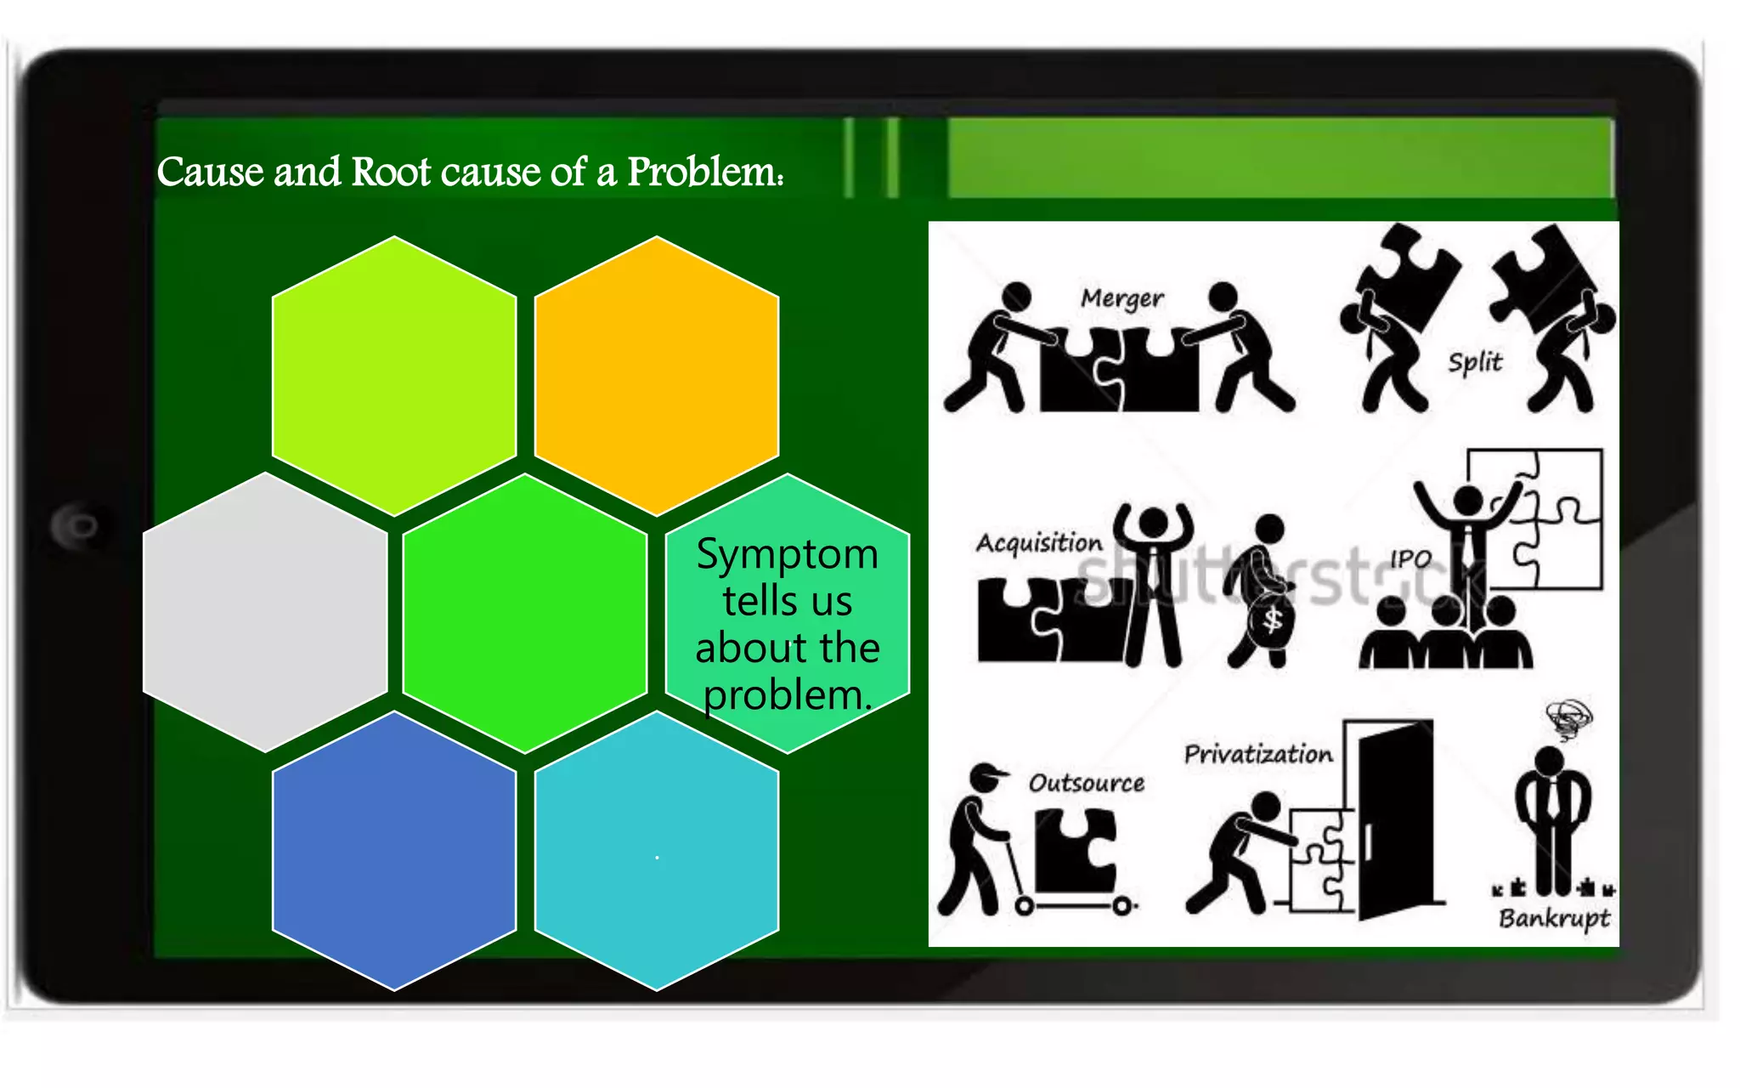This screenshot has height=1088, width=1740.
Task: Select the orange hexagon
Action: tap(656, 376)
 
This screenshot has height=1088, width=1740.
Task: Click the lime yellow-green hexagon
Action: tap(394, 376)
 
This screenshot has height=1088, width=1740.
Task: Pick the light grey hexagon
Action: tap(265, 612)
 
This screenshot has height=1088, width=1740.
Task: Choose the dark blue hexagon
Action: tap(394, 850)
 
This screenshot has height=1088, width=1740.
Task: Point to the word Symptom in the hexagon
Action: tap(787, 555)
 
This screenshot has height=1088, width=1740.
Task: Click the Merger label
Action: tap(1121, 298)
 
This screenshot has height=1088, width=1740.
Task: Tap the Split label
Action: tap(1475, 362)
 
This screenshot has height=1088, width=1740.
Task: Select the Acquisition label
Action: tap(1038, 542)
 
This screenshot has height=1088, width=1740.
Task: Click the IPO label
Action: tap(1410, 558)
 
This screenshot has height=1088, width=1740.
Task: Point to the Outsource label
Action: tap(1086, 783)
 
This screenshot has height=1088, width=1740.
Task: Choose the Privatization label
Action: tap(1258, 754)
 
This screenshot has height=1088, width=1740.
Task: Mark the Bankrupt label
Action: tap(1554, 918)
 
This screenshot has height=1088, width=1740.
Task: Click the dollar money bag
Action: tap(1271, 620)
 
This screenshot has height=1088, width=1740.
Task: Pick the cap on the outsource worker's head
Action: tap(987, 774)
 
